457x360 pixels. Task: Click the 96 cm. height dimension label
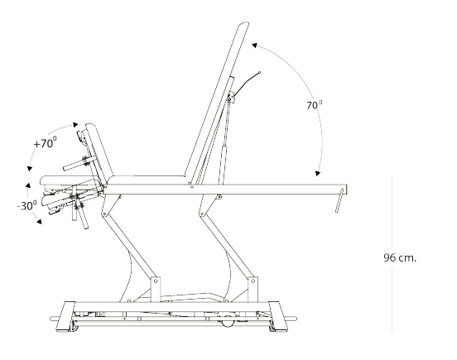(400, 257)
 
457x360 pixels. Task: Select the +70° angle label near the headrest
(46, 142)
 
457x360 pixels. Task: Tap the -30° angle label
(27, 205)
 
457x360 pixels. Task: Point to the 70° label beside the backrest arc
(315, 105)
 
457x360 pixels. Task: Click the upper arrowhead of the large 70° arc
(254, 46)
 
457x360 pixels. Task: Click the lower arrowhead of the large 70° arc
(318, 174)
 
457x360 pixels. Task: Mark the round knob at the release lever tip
(260, 72)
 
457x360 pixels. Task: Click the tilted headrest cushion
(99, 153)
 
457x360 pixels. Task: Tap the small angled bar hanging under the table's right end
(339, 200)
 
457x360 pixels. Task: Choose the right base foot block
(277, 317)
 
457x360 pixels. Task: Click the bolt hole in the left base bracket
(156, 281)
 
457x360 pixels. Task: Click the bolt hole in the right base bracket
(253, 281)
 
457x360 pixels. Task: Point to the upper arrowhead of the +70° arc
(75, 125)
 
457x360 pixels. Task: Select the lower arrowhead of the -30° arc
(39, 222)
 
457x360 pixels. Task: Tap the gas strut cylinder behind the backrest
(224, 166)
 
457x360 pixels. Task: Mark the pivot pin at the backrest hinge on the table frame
(192, 187)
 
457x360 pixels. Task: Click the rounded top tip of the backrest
(244, 24)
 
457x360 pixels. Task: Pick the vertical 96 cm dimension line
(392, 254)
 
